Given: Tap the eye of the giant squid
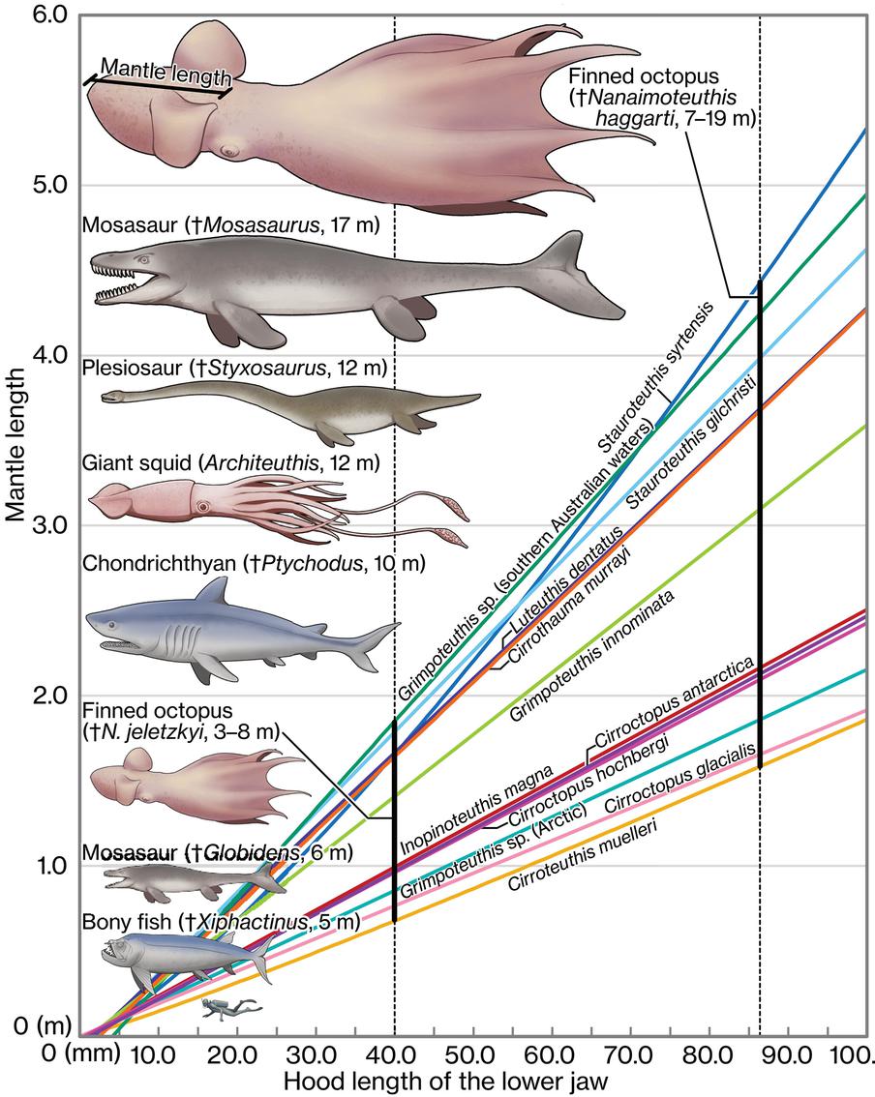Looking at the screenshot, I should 202,506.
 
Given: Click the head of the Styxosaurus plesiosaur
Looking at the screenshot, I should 111,397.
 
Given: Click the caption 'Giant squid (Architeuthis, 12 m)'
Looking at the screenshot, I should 232,462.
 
